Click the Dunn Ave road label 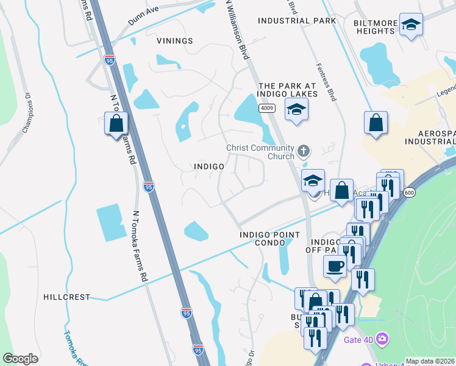(143, 16)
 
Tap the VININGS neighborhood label (174, 41)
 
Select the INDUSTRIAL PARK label (297, 21)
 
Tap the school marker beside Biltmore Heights (411, 24)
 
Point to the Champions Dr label (27, 113)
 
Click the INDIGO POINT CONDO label (262, 239)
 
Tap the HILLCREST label (66, 297)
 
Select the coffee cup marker (335, 266)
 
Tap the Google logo (20, 359)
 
